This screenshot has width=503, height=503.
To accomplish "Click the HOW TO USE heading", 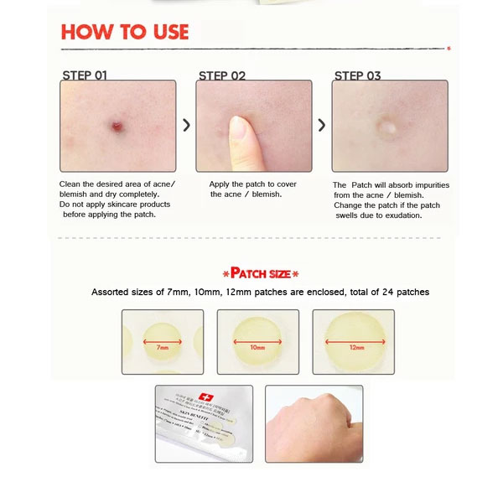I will [x=125, y=33].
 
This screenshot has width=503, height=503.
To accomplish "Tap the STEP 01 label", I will [x=85, y=75].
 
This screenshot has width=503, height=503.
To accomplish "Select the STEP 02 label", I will [x=221, y=75].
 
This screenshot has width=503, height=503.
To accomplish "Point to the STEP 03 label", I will [x=357, y=75].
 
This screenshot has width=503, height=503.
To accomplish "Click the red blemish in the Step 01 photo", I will [x=116, y=127].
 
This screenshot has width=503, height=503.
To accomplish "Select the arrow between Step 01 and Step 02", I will [x=186, y=125].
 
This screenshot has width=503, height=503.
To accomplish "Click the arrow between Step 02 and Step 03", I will [x=322, y=125].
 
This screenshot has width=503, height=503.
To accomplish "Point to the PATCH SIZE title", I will [x=260, y=273].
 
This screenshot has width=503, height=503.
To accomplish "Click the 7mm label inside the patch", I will [x=162, y=345].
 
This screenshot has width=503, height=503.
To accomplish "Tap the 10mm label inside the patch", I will [x=257, y=345].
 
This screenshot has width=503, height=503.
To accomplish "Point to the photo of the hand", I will [x=313, y=423].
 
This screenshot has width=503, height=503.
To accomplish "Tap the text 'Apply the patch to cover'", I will [x=252, y=184].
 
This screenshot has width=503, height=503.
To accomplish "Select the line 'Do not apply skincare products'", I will [x=115, y=205].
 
